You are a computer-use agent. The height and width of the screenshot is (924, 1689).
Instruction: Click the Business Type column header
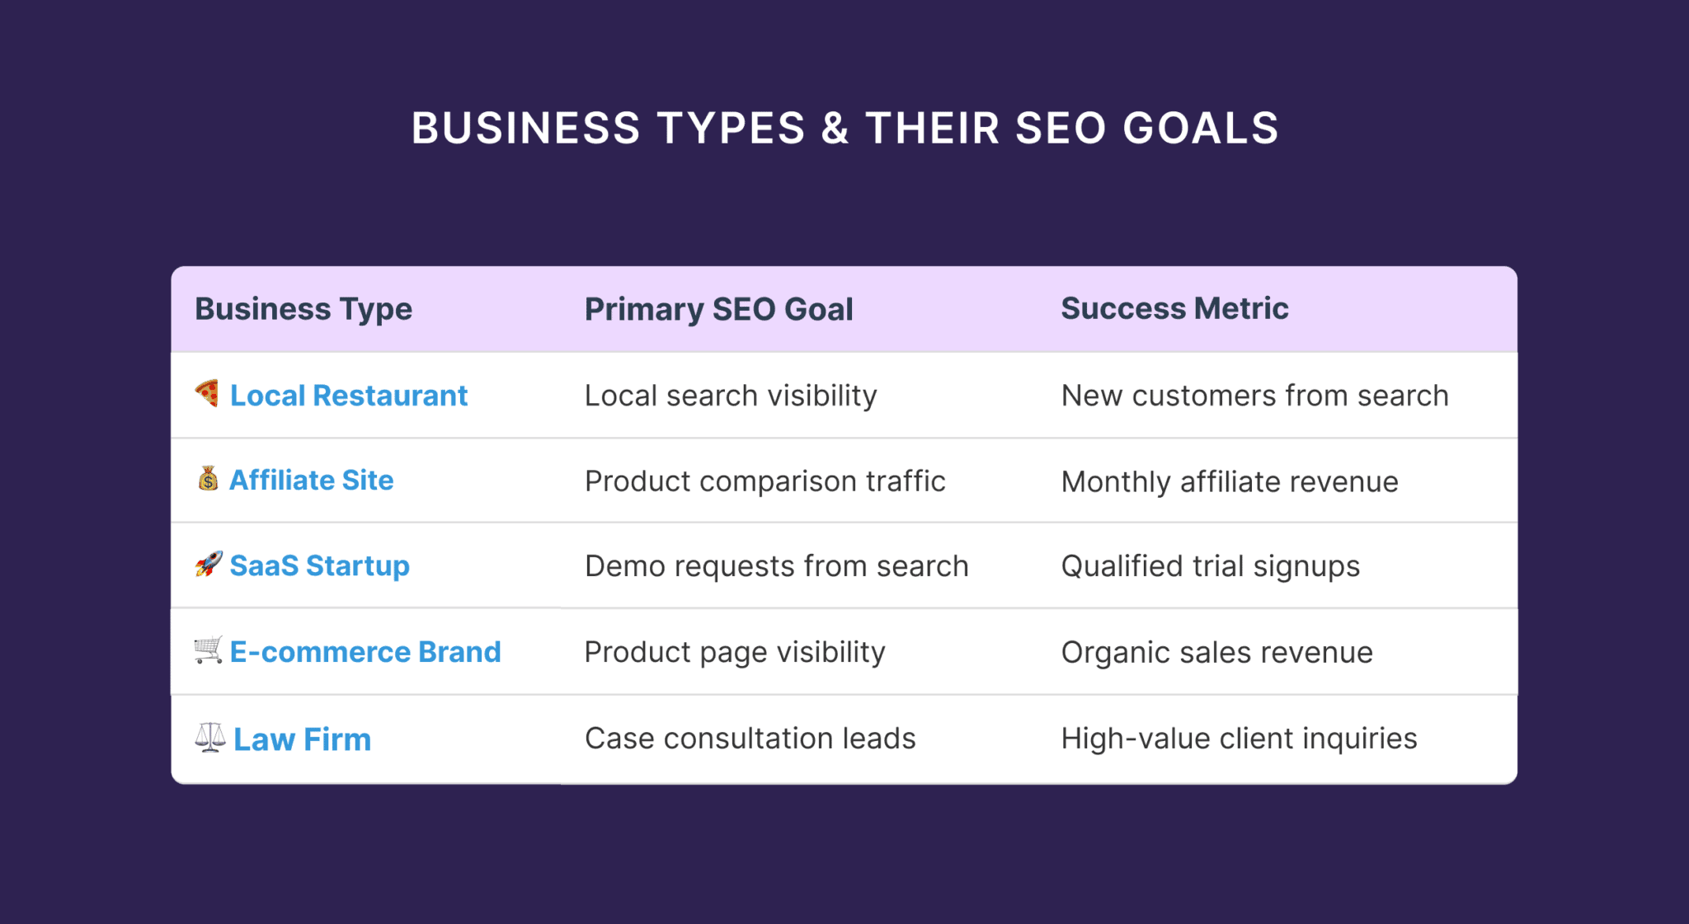303,309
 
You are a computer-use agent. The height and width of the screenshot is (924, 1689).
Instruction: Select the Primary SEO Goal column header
718,309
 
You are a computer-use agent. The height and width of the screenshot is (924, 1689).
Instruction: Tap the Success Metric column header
1174,308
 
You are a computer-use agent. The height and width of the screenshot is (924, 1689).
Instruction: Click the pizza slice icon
207,393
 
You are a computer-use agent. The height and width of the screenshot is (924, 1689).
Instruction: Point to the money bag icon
208,478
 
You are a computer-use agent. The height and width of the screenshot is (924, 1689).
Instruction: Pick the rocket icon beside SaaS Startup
209,564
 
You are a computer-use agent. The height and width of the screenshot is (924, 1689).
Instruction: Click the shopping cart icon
208,650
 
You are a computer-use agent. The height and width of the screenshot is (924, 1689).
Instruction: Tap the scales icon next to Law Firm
210,737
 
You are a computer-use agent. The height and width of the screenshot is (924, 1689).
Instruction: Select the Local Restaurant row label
348,396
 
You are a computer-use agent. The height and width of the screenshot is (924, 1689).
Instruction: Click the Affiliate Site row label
311,480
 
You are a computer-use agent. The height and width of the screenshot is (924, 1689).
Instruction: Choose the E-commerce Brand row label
365,652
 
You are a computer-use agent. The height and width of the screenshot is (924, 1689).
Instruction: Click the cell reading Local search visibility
731,396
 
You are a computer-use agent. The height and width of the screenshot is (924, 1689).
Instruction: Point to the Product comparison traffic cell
765,481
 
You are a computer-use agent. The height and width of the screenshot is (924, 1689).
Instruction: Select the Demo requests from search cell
776,566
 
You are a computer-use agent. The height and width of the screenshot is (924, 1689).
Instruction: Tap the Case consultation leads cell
750,739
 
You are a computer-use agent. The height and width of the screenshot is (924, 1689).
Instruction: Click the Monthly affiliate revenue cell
1229,482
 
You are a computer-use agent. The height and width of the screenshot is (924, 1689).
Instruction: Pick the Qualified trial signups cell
1210,566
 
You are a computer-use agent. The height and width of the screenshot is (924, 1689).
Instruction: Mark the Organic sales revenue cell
1216,653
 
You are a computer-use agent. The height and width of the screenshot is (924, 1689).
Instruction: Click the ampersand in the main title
835,129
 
